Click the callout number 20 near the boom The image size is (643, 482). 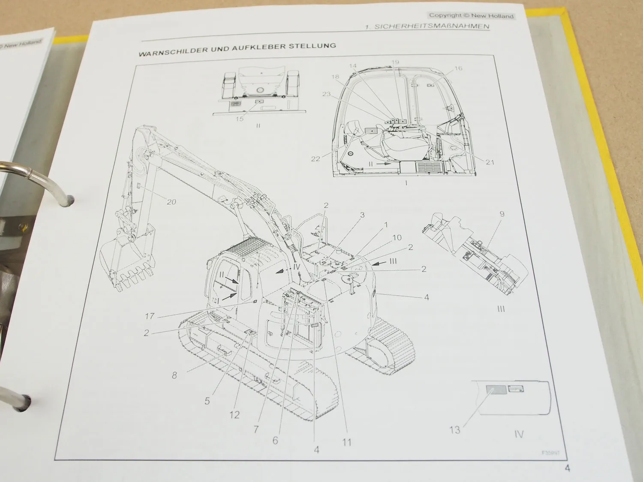171,202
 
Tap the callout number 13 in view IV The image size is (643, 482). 454,429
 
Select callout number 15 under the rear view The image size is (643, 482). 240,118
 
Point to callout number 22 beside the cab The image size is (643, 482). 316,159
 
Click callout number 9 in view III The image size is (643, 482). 502,214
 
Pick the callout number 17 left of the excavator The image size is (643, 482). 149,317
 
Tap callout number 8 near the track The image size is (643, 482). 174,376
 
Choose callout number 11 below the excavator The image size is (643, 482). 347,442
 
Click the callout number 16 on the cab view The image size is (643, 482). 458,68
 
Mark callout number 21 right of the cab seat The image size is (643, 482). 490,162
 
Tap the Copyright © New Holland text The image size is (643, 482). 471,16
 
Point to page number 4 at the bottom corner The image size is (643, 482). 568,468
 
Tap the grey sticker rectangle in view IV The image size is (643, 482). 495,390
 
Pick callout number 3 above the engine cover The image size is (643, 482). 362,215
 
